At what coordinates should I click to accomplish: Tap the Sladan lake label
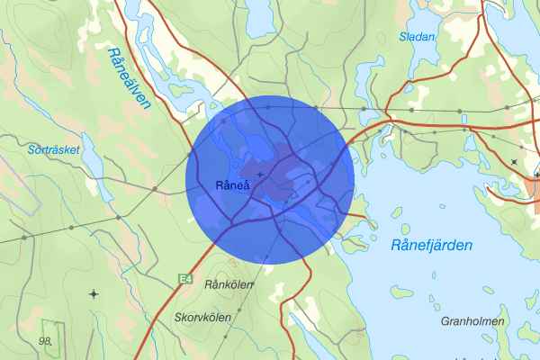417,37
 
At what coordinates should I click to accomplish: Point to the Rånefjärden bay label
432,245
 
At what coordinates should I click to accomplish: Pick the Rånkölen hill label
229,284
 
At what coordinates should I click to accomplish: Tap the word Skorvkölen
203,318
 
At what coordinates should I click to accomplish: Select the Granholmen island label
472,321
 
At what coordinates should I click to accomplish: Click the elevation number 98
45,341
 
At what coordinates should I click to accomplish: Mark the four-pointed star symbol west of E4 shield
94,293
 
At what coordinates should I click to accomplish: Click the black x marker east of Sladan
514,162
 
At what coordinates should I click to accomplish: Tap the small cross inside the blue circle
260,174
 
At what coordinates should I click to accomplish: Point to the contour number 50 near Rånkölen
232,263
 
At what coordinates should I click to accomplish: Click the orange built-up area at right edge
532,190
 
